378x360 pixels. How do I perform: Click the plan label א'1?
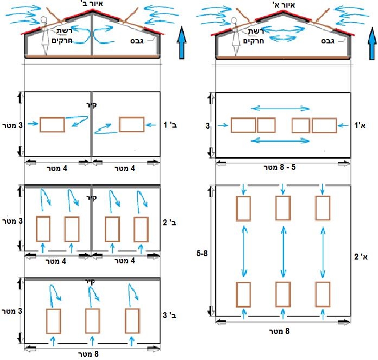[x=360, y=125]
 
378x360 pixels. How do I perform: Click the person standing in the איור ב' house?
[x=45, y=35]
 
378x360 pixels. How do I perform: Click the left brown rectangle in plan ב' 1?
[x=53, y=124]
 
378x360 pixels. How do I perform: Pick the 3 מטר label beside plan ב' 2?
[x=12, y=222]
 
